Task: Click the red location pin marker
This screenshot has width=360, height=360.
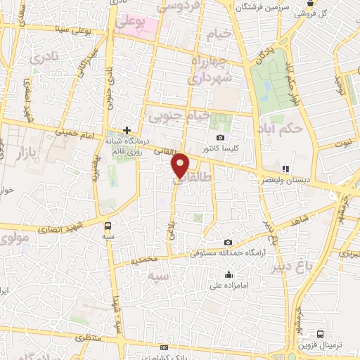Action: point(181,165)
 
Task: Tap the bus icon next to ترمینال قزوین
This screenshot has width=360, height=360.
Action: point(321,334)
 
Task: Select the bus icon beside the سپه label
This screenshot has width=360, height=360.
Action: point(108,226)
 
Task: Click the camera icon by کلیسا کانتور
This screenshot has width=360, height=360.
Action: point(221,137)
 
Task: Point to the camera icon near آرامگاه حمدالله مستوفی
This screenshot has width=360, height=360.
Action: point(226,243)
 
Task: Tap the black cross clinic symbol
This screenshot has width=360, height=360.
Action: point(127,130)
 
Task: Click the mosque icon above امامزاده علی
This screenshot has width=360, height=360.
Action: point(229,275)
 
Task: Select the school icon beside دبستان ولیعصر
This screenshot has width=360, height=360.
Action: point(285,169)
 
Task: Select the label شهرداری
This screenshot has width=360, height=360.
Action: point(209,79)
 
